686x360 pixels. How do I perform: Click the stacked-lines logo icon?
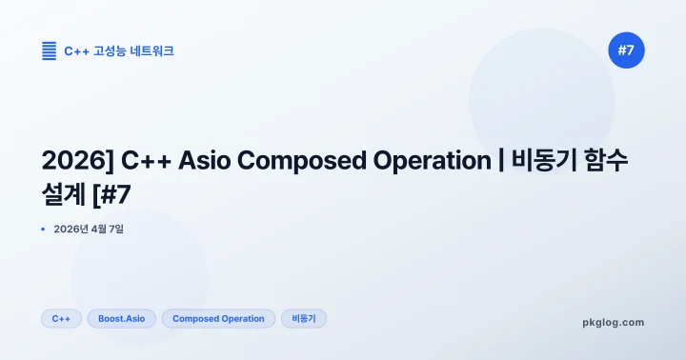49,50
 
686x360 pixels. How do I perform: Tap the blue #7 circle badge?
626,50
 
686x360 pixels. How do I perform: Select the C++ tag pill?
61,318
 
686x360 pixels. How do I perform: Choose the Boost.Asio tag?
122,318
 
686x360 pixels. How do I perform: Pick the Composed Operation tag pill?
218,318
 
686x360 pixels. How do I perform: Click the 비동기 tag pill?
304,318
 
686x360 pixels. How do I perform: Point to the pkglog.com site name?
613,322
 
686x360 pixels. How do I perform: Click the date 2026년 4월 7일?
90,229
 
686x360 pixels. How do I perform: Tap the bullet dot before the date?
44,229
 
